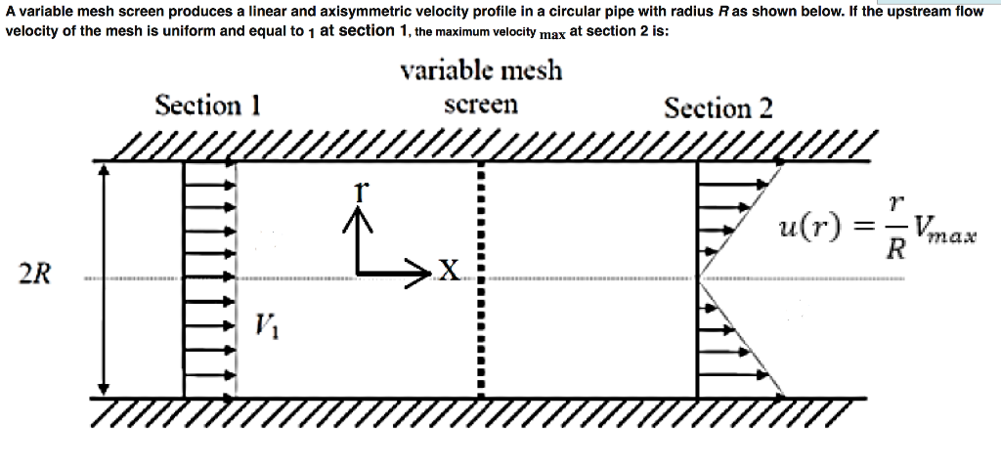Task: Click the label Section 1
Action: [207, 105]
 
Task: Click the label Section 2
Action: [718, 107]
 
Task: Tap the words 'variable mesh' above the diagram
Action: [481, 71]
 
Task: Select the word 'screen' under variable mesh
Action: [481, 105]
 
